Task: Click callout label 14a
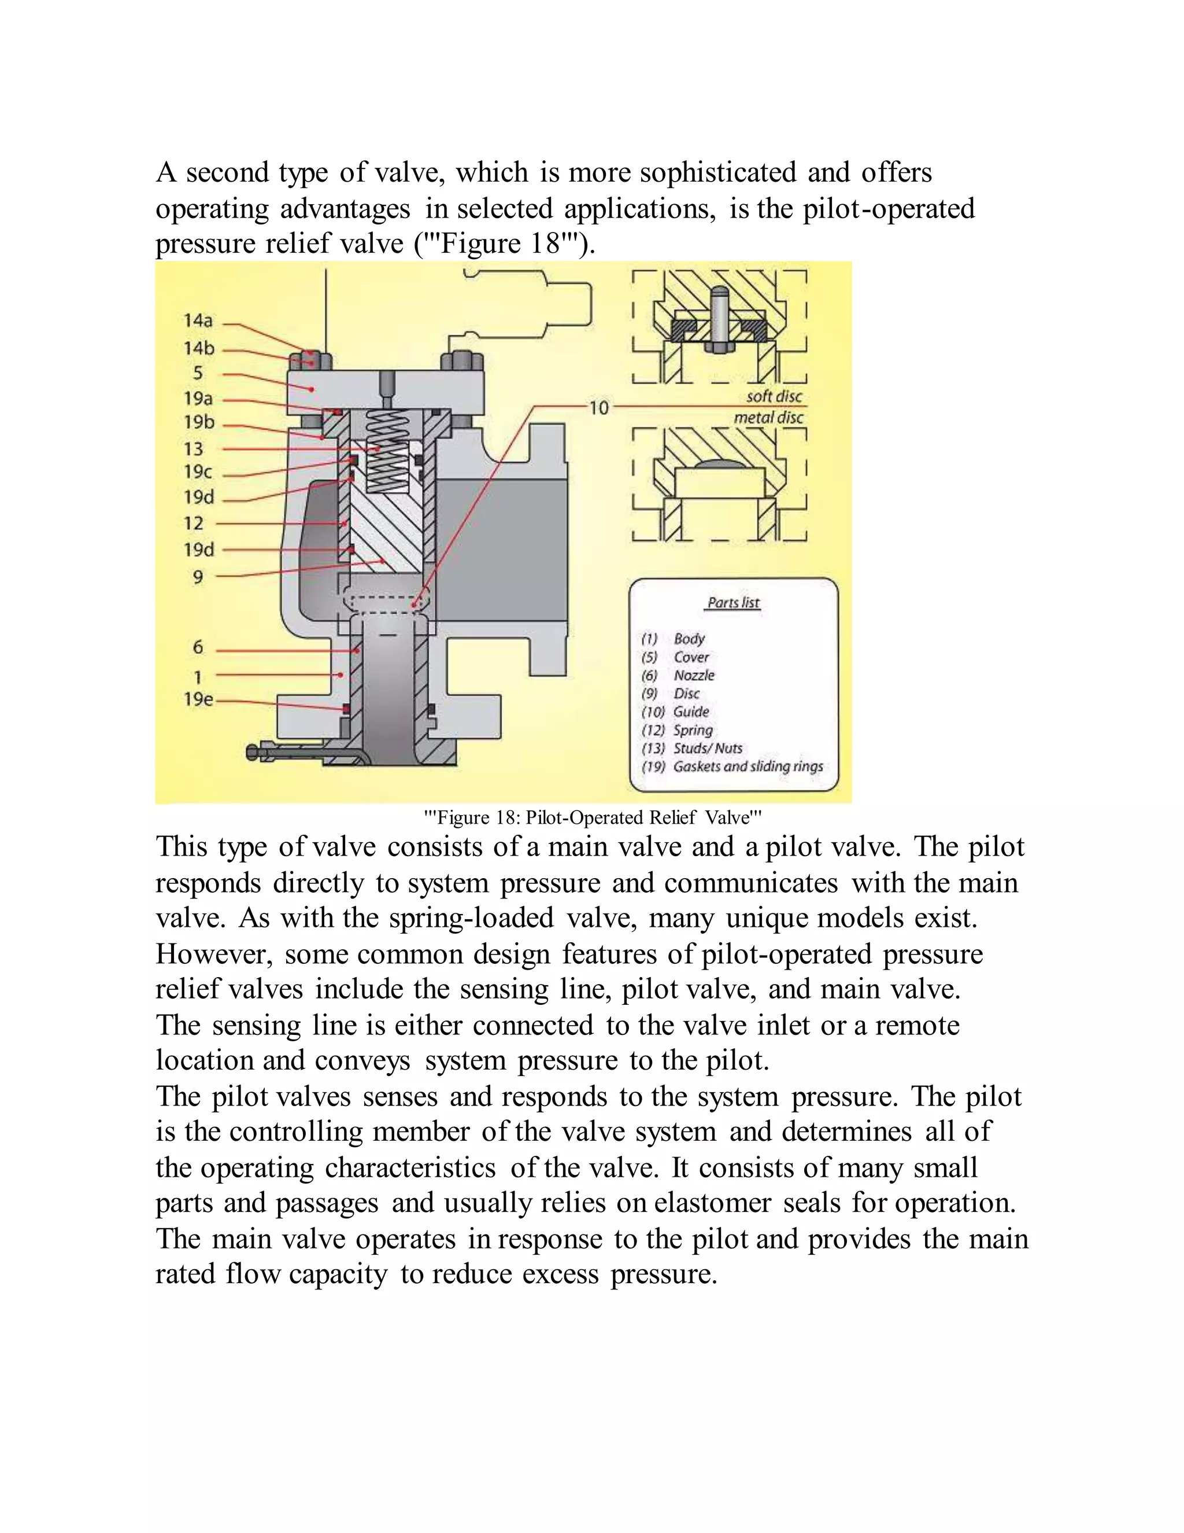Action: click(x=198, y=321)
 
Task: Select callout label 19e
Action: click(x=198, y=699)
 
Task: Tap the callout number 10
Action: click(x=598, y=408)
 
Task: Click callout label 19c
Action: click(x=198, y=471)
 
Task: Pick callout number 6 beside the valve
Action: click(x=198, y=647)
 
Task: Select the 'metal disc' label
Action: click(x=768, y=418)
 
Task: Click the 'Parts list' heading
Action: click(x=733, y=602)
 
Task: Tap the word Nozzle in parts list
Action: click(x=694, y=675)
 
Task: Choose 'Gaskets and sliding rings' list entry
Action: click(x=748, y=766)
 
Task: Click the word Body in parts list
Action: click(x=689, y=639)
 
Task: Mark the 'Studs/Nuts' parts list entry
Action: click(x=707, y=748)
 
